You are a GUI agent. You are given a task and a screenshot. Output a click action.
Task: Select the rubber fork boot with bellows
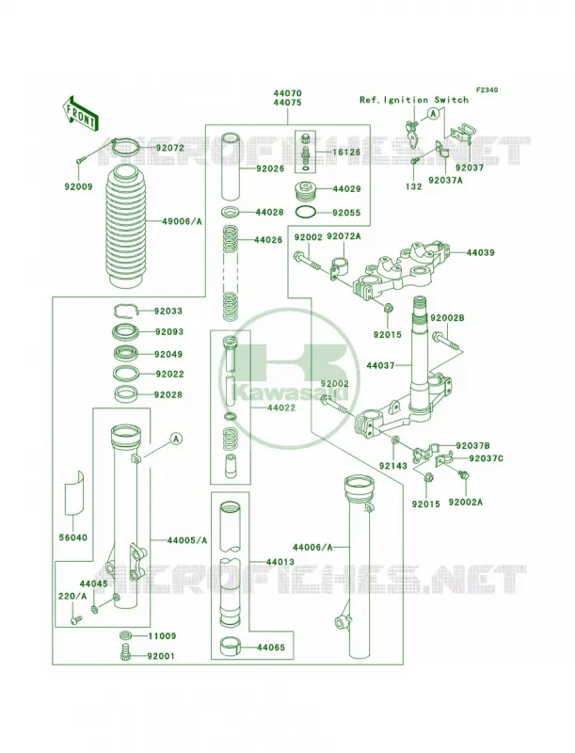click(124, 227)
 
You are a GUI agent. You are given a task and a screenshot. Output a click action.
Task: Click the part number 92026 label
click(270, 169)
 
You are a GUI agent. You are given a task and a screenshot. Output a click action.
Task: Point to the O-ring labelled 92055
click(306, 212)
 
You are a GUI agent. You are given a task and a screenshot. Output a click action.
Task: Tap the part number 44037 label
click(380, 365)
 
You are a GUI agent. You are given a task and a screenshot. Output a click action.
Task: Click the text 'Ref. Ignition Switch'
click(414, 100)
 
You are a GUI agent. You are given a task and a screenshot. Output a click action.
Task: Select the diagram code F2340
click(487, 89)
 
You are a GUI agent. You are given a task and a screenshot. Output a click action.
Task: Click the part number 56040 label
click(73, 537)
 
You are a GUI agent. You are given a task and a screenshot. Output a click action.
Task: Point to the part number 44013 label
click(280, 561)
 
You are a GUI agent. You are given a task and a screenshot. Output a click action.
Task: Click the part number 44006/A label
click(312, 547)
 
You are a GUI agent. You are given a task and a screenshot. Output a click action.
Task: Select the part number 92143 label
click(393, 465)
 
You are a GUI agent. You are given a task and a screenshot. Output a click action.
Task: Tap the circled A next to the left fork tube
click(177, 438)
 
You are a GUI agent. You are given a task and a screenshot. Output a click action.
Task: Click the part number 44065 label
click(271, 647)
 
